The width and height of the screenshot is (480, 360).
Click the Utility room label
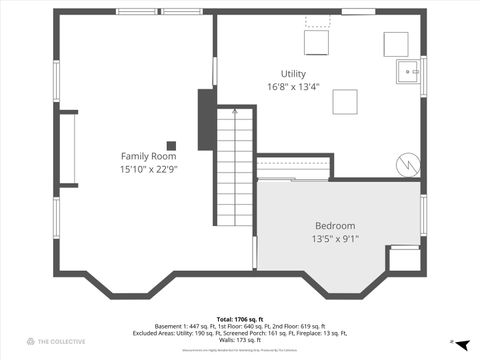(293, 74)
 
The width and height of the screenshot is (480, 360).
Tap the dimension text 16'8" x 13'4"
(293, 87)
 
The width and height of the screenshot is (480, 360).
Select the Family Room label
(149, 156)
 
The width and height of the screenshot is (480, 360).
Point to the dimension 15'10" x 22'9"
(149, 169)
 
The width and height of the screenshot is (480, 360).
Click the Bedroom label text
(335, 226)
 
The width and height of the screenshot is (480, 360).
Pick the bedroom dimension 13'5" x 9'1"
(335, 239)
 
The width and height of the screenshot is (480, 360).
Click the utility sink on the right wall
(409, 72)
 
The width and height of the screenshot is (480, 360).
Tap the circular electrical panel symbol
(406, 162)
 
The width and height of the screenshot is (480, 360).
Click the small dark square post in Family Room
(171, 145)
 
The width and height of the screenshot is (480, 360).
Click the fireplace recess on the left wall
(68, 149)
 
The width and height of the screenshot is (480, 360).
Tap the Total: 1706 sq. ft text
(239, 319)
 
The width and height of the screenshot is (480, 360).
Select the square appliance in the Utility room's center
(345, 102)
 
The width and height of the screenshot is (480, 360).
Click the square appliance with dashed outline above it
(317, 42)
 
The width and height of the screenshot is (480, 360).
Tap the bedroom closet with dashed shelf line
(292, 166)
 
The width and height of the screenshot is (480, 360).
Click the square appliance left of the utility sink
(396, 44)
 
